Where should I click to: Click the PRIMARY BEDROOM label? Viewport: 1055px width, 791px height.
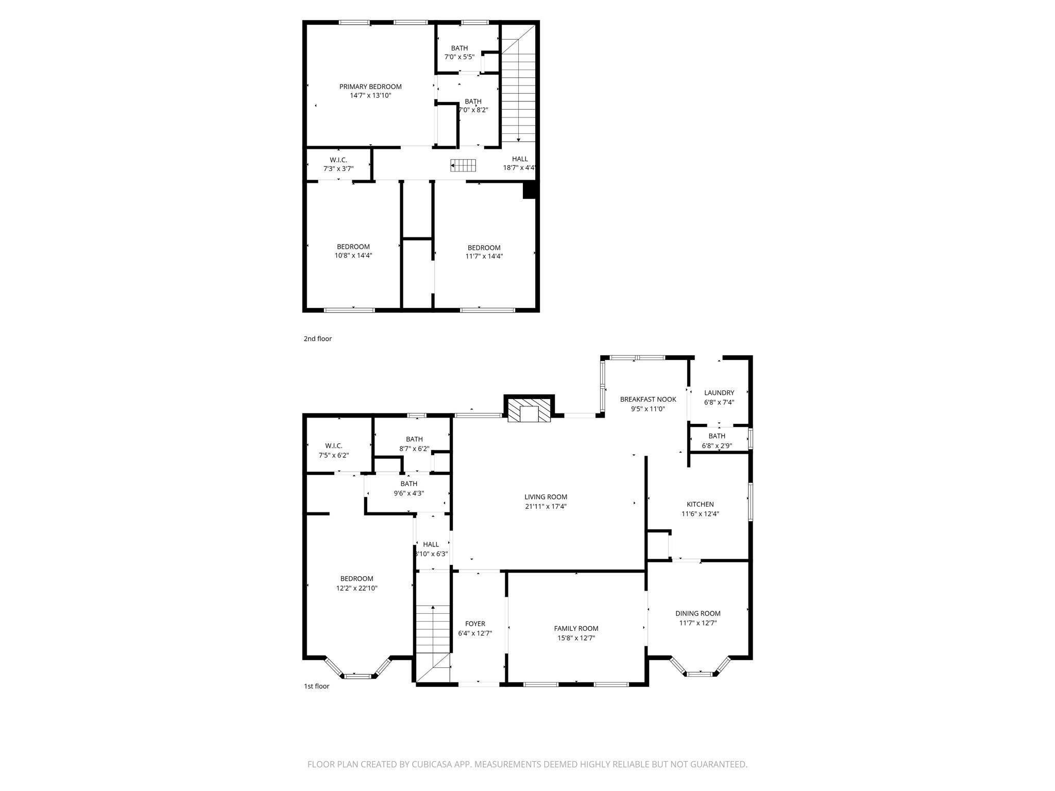370,87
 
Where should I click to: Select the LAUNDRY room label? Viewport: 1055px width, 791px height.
719,393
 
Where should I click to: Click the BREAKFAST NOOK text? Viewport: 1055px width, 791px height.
648,399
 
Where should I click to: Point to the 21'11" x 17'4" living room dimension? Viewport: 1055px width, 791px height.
546,507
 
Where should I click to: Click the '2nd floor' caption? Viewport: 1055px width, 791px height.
317,339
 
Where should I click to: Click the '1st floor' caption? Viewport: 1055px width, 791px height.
316,686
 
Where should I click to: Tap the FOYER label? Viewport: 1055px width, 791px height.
475,624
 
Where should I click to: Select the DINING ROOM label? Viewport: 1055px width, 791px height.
697,613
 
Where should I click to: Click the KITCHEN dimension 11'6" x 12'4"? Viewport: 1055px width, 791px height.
700,514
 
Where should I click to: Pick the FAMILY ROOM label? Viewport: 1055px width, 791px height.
576,628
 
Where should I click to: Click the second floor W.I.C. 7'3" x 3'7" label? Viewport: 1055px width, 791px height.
338,164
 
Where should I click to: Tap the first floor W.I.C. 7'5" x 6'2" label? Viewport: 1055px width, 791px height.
333,451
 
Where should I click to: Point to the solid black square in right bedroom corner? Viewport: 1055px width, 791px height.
530,191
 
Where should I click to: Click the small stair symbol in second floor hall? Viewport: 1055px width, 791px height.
464,165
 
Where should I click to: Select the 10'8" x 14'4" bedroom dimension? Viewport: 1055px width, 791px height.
353,255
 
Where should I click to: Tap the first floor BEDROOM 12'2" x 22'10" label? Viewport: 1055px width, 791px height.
356,583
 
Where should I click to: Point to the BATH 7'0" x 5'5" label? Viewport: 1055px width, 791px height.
459,53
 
